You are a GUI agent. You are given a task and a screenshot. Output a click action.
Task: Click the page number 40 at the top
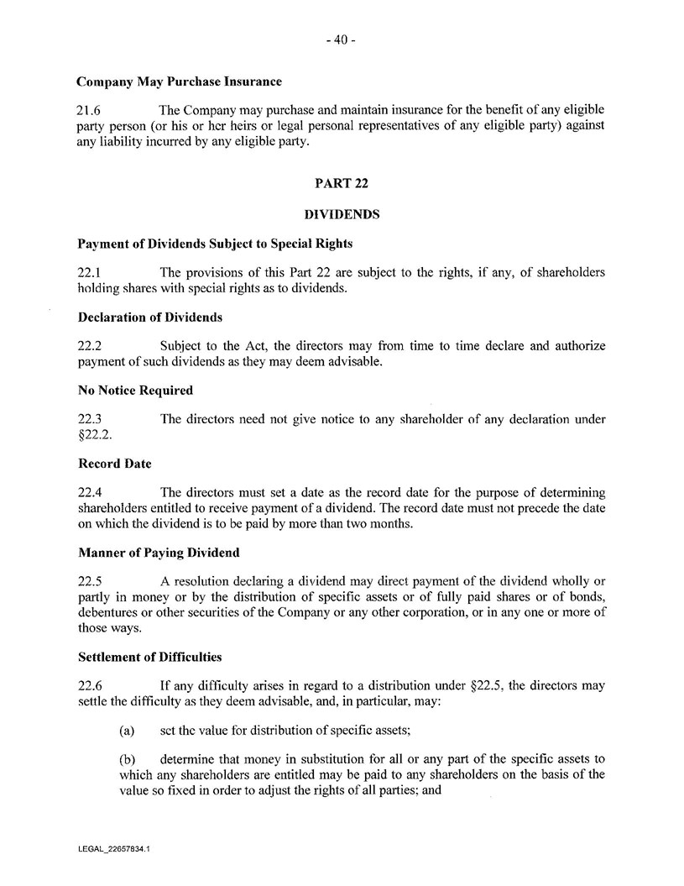click(342, 39)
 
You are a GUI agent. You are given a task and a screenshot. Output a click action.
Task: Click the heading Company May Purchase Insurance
click(179, 82)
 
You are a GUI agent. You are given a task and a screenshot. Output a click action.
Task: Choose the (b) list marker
click(128, 759)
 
